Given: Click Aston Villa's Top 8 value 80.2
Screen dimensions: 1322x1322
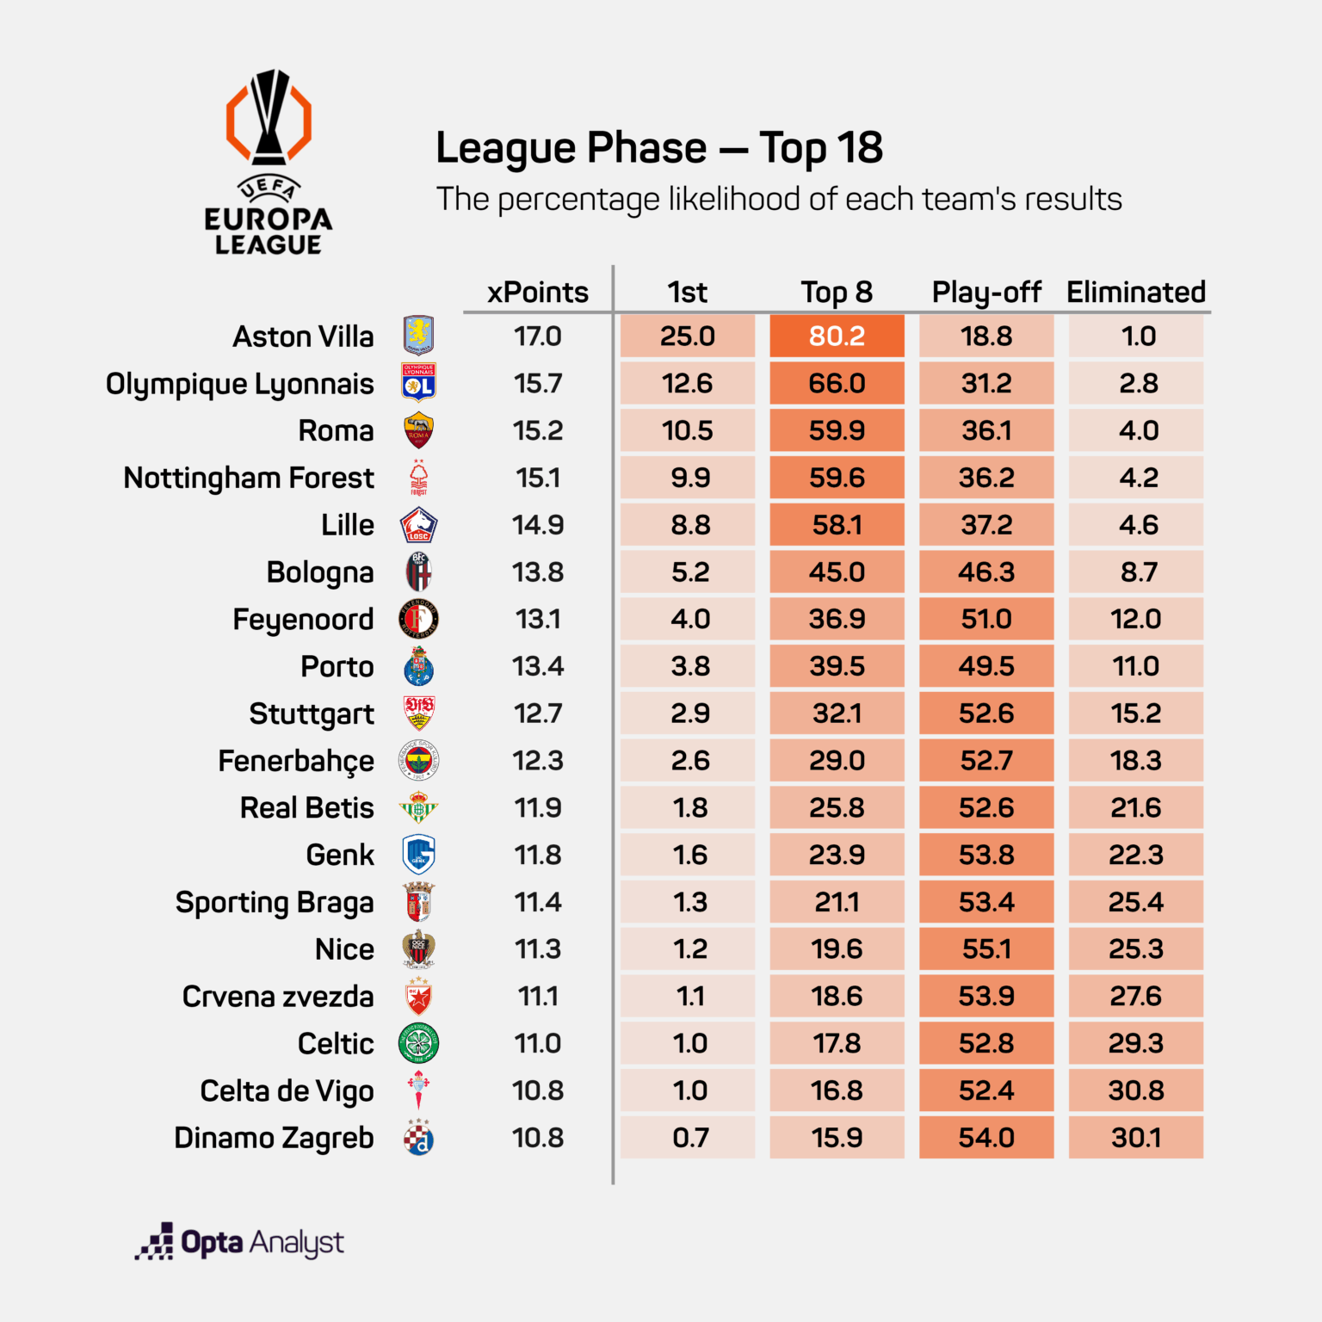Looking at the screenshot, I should point(837,336).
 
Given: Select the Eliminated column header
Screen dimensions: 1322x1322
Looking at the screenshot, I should point(1136,293).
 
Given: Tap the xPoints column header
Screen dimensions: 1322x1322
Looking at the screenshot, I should point(538,293).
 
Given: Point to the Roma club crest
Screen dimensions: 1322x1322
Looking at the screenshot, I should point(419,430).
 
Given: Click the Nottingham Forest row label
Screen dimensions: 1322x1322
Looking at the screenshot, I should point(249,478).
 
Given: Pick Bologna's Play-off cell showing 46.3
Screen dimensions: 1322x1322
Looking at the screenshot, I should point(986,572).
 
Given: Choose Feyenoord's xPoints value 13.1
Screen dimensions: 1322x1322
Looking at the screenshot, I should point(538,619).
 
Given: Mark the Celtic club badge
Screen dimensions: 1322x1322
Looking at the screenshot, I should point(419,1043).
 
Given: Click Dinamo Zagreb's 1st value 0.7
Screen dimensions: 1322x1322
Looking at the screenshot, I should point(690,1138).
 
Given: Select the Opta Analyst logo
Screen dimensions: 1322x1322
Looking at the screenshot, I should point(240,1242).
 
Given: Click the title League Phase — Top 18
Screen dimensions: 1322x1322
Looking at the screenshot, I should point(659,148).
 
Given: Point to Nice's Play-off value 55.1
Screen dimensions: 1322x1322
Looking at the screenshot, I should point(986,949).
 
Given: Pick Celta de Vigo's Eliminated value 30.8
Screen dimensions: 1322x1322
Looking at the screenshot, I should point(1136,1090).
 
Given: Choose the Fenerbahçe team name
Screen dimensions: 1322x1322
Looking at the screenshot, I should point(296,761).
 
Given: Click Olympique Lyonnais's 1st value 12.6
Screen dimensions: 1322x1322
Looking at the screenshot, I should point(687,383).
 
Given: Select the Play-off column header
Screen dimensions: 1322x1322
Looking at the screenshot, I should point(986,293).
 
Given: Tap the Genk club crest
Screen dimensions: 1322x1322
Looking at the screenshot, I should point(419,855).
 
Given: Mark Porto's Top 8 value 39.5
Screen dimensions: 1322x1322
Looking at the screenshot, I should point(837,666).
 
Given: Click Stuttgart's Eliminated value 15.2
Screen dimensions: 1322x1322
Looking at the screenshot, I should point(1136,714).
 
